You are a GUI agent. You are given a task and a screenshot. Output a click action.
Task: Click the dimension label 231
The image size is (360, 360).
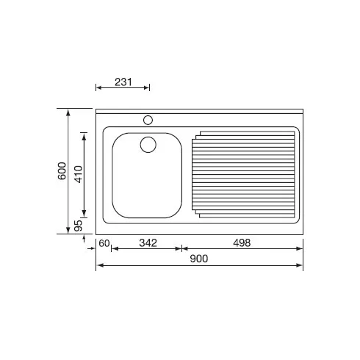(123, 82)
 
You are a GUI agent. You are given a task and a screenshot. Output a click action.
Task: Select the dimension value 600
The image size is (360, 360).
(62, 170)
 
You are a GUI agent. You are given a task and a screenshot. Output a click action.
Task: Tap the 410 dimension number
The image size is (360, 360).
(79, 174)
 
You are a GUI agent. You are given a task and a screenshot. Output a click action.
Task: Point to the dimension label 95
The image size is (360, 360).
(78, 226)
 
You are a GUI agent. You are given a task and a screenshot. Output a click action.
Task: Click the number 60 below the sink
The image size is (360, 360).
(104, 243)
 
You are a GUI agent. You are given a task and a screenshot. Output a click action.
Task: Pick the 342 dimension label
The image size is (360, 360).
(148, 243)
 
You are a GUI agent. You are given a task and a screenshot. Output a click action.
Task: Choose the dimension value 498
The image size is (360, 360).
(242, 243)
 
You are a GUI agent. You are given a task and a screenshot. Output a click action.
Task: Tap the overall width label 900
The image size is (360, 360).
(199, 259)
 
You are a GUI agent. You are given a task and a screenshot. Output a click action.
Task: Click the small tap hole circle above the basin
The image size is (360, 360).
(148, 120)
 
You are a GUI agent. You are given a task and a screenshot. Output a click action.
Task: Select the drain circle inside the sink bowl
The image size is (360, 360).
(148, 145)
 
